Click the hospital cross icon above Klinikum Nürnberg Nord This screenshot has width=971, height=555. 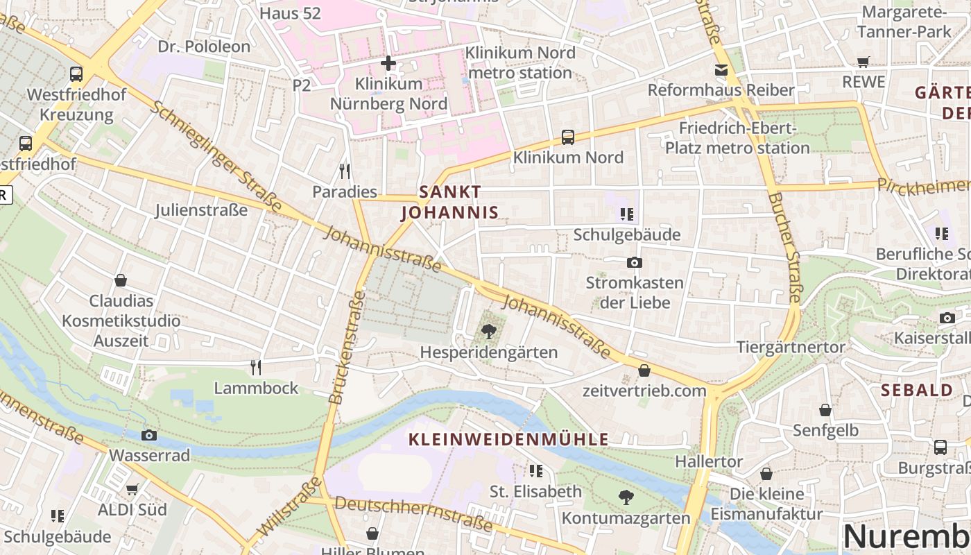point(388,63)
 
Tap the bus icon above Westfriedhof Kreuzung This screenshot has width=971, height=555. point(76,74)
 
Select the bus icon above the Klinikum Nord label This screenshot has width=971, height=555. point(568,137)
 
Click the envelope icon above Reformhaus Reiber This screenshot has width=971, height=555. point(721,69)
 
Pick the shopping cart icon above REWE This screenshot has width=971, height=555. point(863,62)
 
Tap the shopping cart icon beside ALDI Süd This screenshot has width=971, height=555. point(132,489)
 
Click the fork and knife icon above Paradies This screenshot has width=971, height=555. point(344,171)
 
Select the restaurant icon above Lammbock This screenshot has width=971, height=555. point(256,366)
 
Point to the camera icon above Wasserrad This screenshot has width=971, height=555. point(149,435)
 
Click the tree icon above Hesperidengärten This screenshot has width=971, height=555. point(489,331)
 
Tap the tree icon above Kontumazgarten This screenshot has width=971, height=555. point(626,497)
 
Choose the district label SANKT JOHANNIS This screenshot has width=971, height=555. point(450,202)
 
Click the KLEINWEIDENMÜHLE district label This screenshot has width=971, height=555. point(508,439)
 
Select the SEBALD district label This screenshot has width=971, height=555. point(917,390)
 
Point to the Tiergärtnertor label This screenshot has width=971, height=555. point(791,347)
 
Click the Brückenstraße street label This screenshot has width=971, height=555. point(347,347)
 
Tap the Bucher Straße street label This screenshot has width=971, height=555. point(785,248)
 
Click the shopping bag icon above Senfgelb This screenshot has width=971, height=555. point(825,410)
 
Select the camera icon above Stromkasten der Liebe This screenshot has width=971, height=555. point(634,262)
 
